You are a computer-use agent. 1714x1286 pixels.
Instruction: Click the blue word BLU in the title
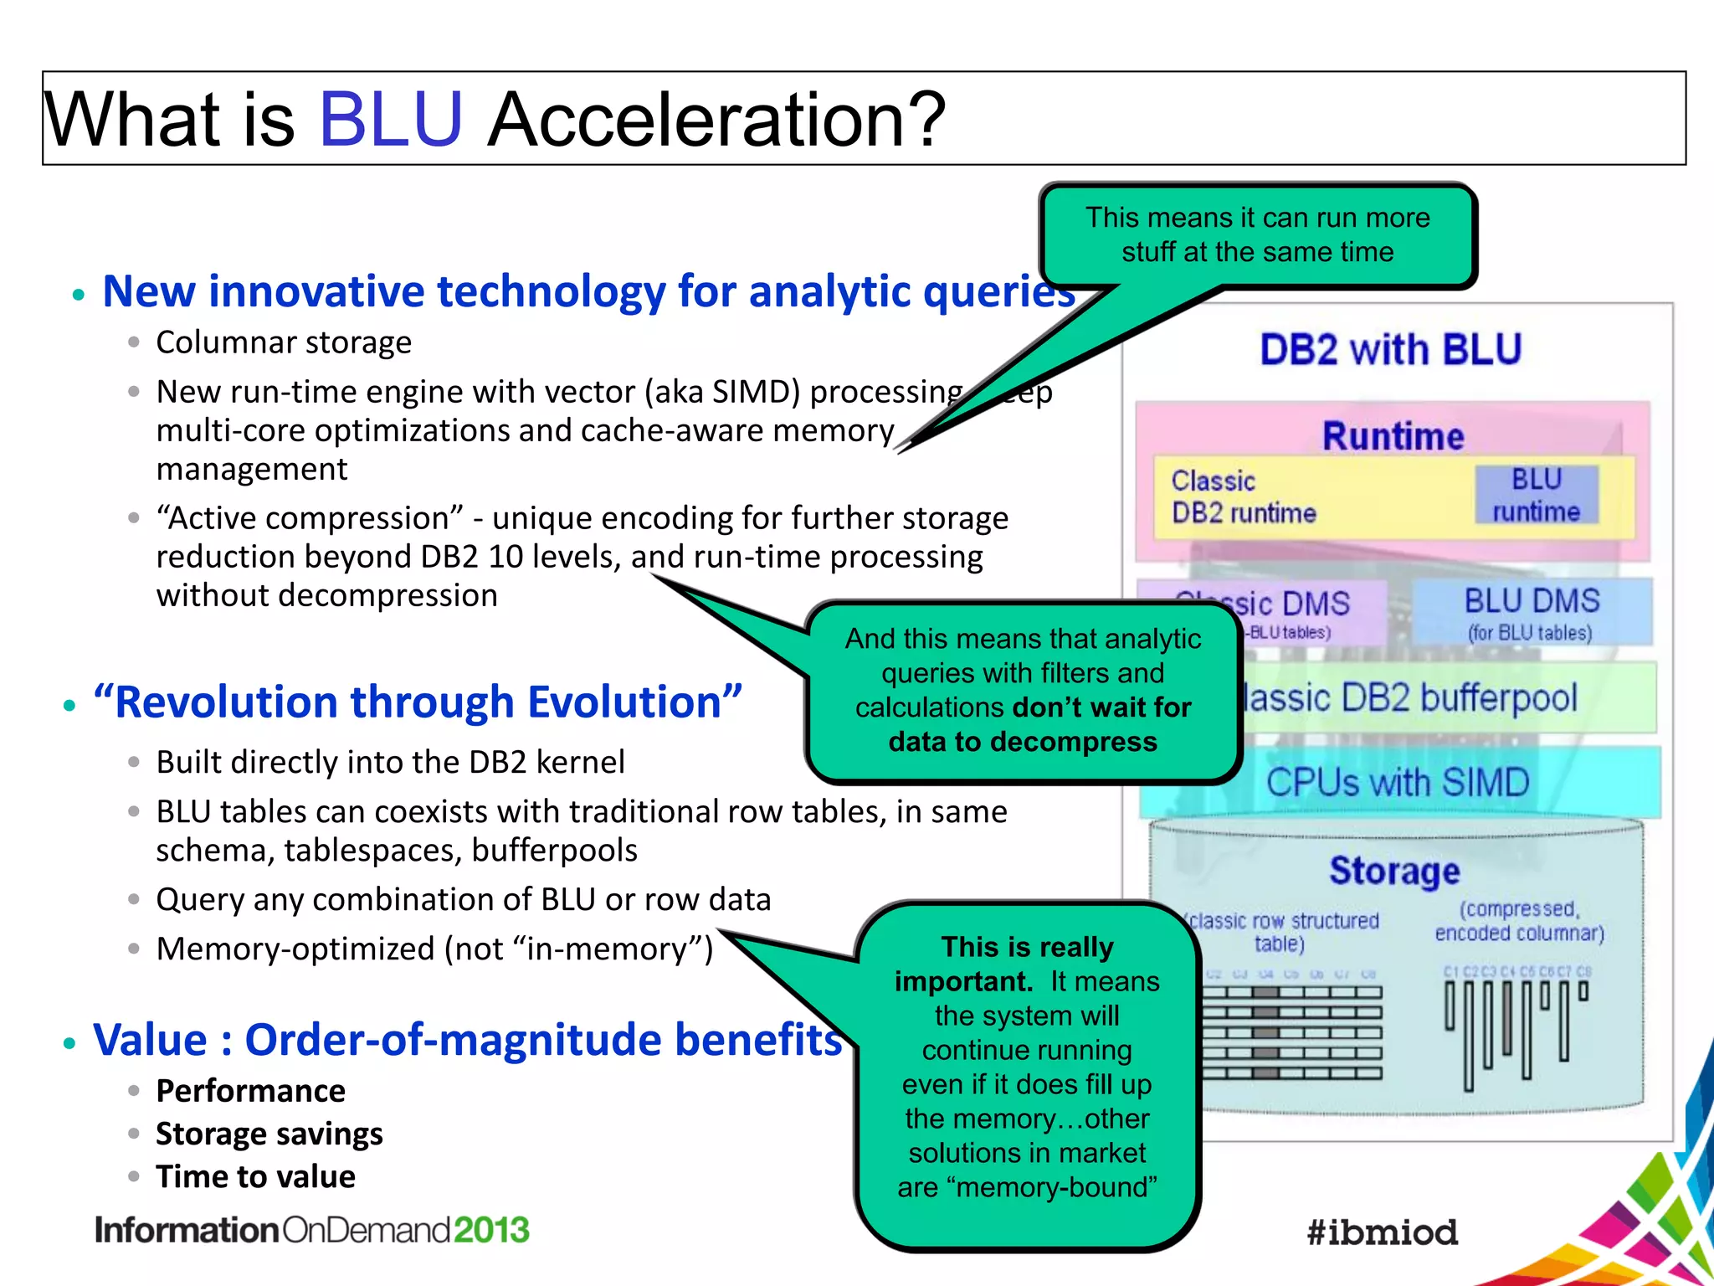[x=390, y=119]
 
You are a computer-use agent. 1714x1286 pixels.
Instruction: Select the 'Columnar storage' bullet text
[x=284, y=342]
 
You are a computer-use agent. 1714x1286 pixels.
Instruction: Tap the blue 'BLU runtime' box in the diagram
[x=1536, y=495]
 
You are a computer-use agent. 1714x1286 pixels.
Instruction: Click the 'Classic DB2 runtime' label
[x=1243, y=496]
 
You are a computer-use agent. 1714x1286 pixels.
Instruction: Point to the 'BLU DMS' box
[x=1532, y=611]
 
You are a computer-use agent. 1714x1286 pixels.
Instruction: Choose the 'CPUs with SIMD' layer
[x=1398, y=783]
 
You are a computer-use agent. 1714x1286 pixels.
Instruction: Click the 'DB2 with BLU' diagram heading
[x=1390, y=349]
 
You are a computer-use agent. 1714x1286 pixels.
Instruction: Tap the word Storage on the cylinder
[x=1394, y=871]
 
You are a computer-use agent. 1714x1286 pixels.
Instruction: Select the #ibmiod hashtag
[x=1382, y=1232]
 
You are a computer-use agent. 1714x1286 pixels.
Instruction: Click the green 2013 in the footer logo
[x=491, y=1230]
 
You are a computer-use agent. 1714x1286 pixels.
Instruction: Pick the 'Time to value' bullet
[x=255, y=1176]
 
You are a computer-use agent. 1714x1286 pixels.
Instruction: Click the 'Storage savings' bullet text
[x=269, y=1134]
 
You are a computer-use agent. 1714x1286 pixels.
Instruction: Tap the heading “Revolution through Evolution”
[x=418, y=702]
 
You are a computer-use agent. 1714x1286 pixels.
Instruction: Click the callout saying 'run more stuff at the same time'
[x=1257, y=235]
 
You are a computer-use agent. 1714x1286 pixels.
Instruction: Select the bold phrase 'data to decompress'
[x=1023, y=742]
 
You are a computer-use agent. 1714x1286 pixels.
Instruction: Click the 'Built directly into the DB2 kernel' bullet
[x=390, y=762]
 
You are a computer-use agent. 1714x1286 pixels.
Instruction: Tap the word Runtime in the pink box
[x=1393, y=436]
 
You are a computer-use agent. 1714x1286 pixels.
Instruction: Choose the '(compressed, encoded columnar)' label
[x=1519, y=921]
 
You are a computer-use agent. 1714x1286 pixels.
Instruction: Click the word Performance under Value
[x=250, y=1091]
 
